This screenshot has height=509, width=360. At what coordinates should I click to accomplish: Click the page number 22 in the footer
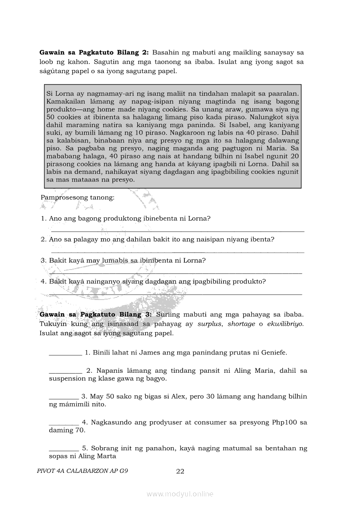(180, 471)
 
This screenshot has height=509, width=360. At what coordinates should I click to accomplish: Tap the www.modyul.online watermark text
(180, 494)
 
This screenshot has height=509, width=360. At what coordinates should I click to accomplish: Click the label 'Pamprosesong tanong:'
(78, 197)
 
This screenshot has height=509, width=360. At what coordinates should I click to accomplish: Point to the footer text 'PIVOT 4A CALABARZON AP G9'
(83, 471)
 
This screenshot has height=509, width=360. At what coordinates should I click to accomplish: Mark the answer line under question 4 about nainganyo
(176, 294)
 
